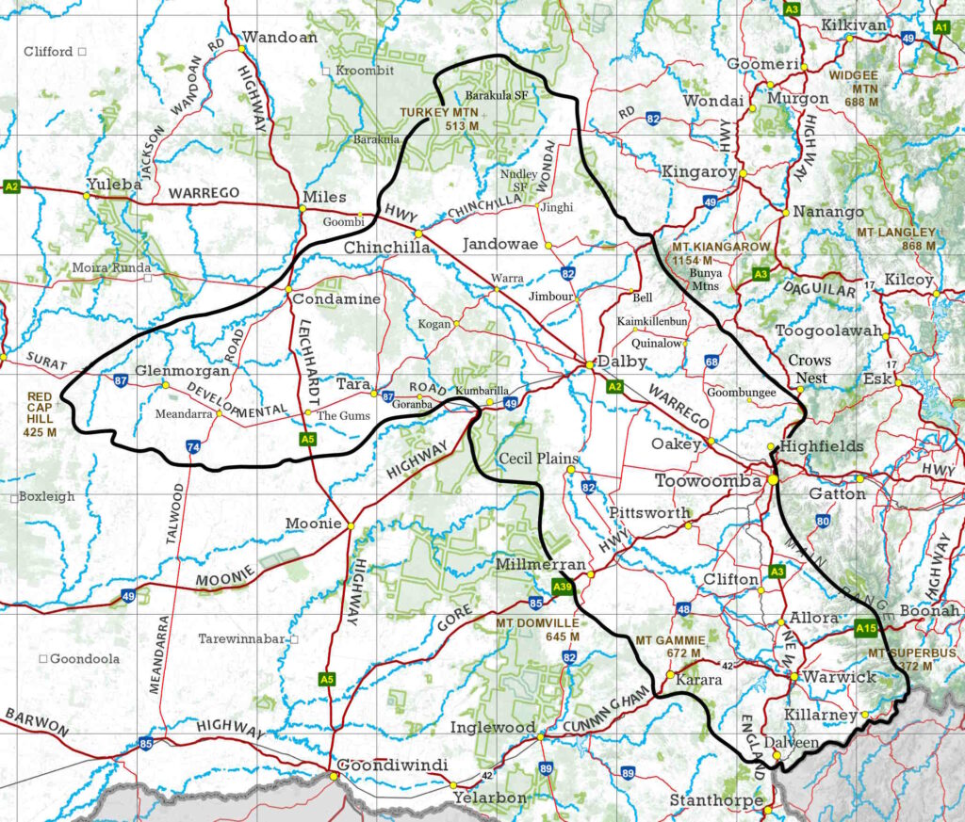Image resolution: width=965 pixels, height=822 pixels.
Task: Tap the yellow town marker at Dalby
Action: tap(589, 363)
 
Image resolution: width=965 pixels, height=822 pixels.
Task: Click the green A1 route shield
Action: tap(940, 28)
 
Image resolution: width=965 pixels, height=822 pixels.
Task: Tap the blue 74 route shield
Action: tap(192, 449)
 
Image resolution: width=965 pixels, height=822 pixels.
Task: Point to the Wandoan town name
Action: tap(280, 38)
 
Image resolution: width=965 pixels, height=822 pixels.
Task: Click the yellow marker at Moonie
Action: tap(350, 525)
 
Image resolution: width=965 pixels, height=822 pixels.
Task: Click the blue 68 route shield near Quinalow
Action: tap(711, 362)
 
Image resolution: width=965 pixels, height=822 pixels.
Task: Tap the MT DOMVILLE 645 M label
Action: tap(541, 630)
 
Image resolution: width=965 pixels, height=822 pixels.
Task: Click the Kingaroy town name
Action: tap(698, 172)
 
